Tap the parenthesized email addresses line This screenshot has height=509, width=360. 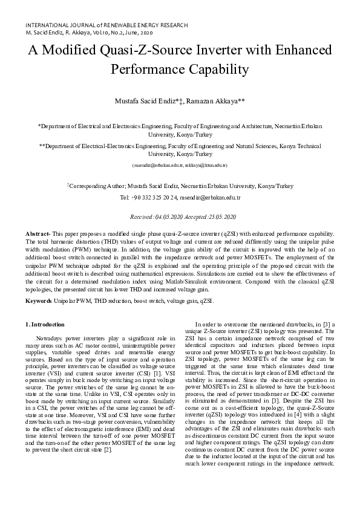[x=180, y=165]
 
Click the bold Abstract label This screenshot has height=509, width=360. [x=38, y=233]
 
